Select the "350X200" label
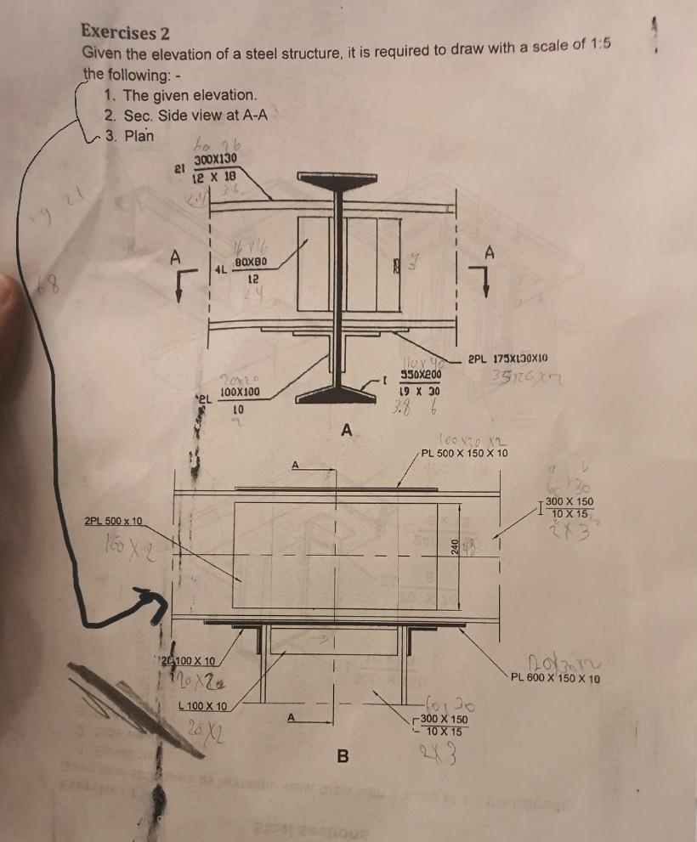coord(420,376)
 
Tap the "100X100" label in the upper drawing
coord(240,393)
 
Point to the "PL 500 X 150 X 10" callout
coord(465,453)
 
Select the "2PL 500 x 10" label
coord(114,520)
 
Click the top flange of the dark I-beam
coord(336,177)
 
